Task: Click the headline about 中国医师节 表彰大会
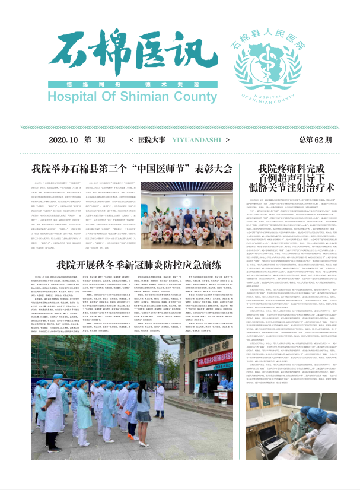(x=132, y=168)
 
